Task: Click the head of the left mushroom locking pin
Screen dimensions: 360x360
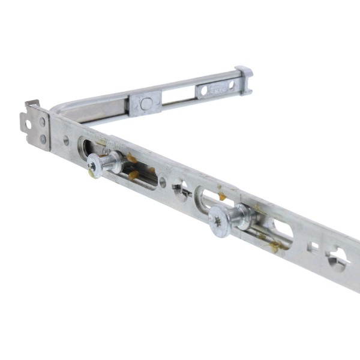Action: click(x=94, y=164)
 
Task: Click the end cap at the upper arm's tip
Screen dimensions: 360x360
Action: click(x=244, y=80)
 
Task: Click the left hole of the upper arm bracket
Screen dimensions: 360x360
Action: click(x=204, y=91)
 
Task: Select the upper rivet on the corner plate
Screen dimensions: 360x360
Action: click(x=43, y=122)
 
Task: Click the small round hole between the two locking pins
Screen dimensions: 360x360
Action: click(x=163, y=182)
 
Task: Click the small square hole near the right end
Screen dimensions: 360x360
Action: click(x=312, y=246)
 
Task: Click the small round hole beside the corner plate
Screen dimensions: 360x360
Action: click(x=66, y=141)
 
